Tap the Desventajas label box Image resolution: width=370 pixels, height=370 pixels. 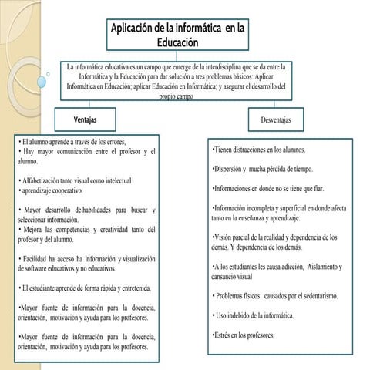[x=275, y=120]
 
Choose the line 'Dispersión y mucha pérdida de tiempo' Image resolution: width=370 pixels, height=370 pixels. [x=261, y=169]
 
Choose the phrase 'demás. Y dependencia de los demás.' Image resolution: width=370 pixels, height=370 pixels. [x=261, y=247]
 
